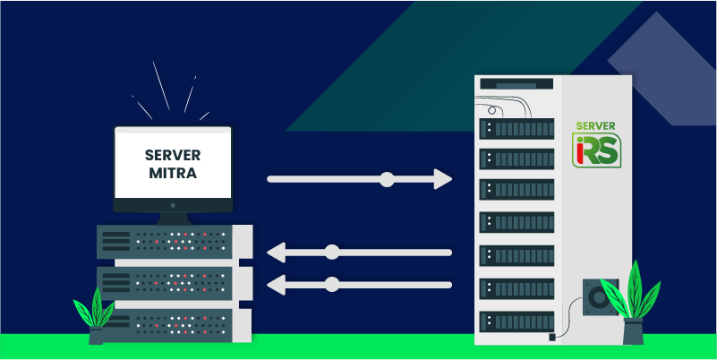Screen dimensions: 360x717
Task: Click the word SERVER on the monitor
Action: point(173,155)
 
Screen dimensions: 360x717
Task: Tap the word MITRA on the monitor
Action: point(173,171)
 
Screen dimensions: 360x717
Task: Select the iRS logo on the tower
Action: point(595,150)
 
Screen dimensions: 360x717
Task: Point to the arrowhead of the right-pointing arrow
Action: point(442,179)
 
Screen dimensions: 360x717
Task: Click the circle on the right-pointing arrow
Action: point(387,179)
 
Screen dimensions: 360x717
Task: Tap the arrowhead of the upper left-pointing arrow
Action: point(277,252)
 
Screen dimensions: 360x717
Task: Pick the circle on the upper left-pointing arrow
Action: point(332,252)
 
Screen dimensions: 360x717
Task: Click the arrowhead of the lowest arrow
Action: point(277,285)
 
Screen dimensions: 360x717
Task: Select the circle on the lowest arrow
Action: point(332,285)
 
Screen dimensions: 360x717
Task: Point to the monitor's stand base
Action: point(173,219)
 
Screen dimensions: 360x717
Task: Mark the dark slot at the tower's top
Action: point(516,83)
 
